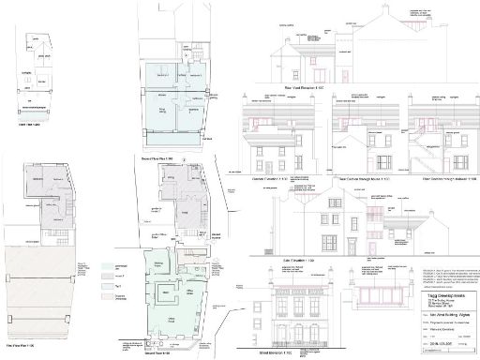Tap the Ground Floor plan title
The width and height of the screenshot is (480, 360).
159,354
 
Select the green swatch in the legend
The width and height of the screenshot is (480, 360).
106,267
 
